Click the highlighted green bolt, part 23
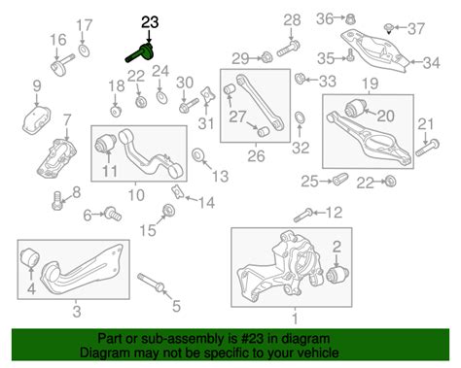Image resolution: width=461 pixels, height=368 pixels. coord(139,53)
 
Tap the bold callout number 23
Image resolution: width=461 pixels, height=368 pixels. coord(150,22)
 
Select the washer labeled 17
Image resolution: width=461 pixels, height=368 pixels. coord(84,50)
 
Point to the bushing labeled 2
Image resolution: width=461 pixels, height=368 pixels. coord(337,274)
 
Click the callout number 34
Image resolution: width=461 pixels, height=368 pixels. coord(431,63)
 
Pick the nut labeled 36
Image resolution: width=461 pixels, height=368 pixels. coord(350,18)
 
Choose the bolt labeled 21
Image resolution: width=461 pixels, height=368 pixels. coord(427,148)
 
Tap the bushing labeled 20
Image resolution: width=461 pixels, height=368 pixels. coord(355,109)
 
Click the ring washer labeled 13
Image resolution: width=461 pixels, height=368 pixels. coord(197,155)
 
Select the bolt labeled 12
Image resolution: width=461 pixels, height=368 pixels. coord(303,216)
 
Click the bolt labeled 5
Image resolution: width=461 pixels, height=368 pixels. coord(152,282)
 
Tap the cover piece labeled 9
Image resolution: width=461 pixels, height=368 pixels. coord(36,119)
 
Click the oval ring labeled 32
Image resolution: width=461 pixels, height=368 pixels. coord(300,117)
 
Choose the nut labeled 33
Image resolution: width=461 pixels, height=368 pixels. coord(300,79)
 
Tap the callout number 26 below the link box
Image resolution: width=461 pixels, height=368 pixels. coord(256,156)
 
